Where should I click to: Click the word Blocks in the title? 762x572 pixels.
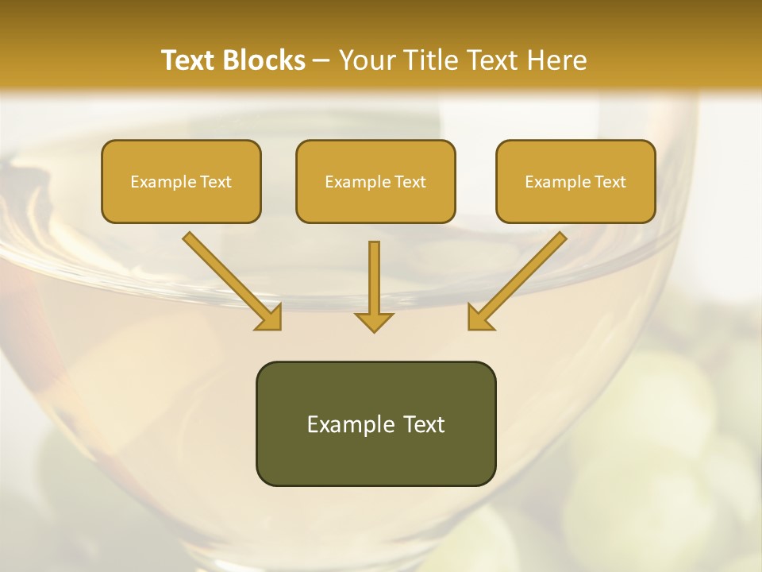[x=266, y=60]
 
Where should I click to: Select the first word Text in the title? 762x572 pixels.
[x=191, y=60]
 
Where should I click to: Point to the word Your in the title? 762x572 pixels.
[x=365, y=60]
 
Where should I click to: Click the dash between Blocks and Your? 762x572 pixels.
[x=322, y=61]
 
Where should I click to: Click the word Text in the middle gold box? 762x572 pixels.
[x=410, y=182]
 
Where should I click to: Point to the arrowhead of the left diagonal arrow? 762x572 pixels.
[x=271, y=319]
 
